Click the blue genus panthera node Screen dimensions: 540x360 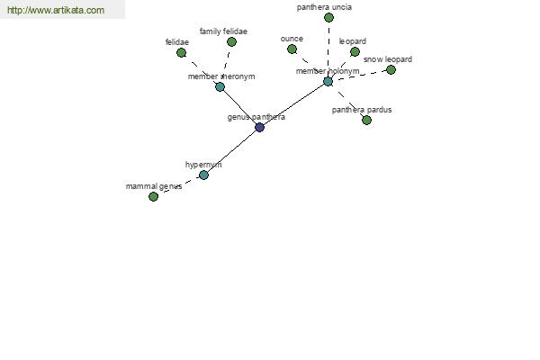260,128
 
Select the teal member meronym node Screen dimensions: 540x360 220,86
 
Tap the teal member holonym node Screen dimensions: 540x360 328,82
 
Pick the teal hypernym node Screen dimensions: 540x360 204,175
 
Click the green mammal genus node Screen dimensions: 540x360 153,197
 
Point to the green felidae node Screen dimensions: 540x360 181,53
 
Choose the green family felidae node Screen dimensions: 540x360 232,42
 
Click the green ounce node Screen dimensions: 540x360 292,49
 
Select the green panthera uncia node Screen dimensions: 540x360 328,18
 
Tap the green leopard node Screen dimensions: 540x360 355,52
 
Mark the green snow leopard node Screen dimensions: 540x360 391,70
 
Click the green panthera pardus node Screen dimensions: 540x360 367,121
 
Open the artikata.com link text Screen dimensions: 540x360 56,10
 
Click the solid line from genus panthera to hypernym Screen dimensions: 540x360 232,151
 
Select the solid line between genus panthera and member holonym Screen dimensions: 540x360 293,104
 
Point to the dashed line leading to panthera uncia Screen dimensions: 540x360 328,49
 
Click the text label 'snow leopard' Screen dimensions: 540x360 388,59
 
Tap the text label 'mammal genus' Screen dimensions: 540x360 154,186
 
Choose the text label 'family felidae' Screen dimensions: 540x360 223,31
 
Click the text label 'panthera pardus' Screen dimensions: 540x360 362,110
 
